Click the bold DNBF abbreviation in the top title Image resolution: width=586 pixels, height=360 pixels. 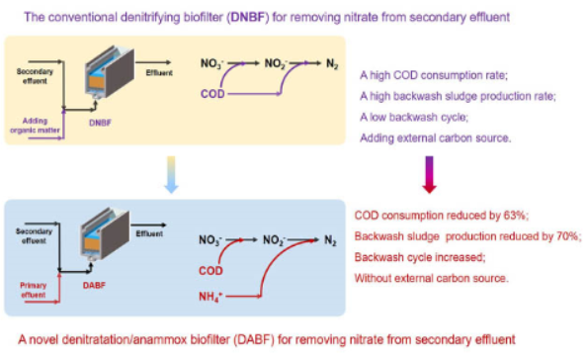(248, 17)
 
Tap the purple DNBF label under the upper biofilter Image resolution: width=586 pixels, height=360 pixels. (100, 123)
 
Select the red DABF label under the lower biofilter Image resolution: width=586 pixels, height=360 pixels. (94, 285)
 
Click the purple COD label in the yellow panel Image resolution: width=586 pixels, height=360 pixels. (212, 94)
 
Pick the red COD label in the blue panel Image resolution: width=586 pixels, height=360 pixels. (210, 271)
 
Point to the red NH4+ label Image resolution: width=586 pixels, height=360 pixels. (210, 297)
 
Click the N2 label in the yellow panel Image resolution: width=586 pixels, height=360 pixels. (332, 64)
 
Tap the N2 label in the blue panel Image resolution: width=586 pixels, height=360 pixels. (330, 240)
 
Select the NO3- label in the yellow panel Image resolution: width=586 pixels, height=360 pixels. (212, 63)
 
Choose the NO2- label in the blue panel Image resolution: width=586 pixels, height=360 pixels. (275, 240)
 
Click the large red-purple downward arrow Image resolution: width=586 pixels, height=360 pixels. (430, 174)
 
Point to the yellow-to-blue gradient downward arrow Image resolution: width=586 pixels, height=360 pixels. (171, 174)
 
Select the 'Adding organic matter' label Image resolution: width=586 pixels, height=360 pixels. (35, 126)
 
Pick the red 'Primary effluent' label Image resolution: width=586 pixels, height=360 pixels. (34, 290)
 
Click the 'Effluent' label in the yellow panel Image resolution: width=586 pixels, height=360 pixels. (159, 72)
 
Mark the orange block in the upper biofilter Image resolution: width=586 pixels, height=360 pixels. (97, 81)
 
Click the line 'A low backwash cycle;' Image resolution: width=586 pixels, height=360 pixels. (414, 117)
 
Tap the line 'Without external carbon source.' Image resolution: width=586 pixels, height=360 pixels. (431, 279)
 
